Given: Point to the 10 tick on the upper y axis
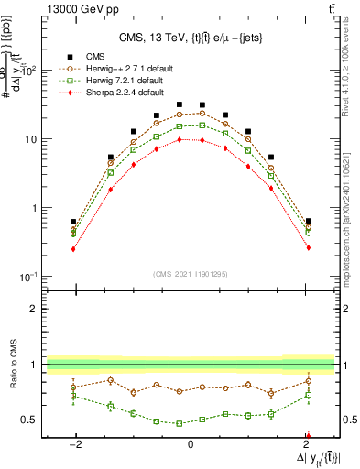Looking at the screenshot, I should click(x=32, y=139).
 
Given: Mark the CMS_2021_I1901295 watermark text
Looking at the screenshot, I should click(x=190, y=272).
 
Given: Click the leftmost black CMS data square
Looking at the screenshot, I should click(x=73, y=222).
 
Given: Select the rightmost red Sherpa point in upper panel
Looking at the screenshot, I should click(x=308, y=247).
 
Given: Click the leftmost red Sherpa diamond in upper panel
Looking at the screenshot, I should click(x=73, y=248).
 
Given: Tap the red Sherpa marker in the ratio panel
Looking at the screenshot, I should click(x=308, y=436).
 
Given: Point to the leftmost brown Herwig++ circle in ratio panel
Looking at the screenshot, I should click(x=73, y=387).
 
